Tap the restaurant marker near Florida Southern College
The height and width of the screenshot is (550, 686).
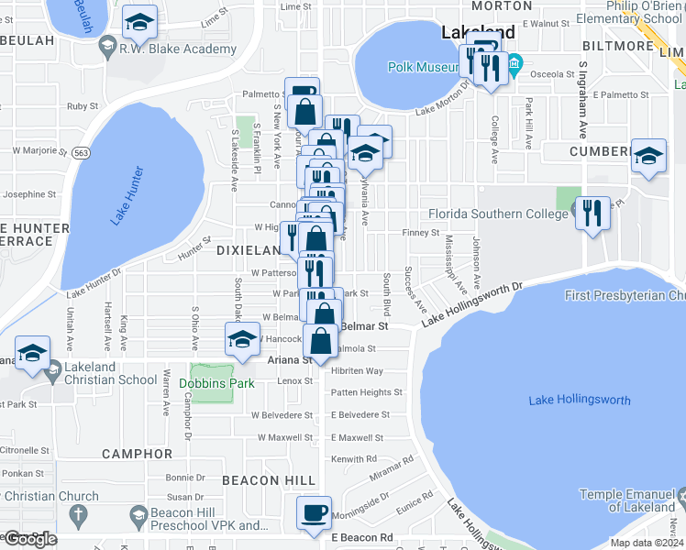point(592,214)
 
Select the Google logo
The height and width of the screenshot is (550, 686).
point(29,539)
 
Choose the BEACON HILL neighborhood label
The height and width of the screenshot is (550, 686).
point(268,480)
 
